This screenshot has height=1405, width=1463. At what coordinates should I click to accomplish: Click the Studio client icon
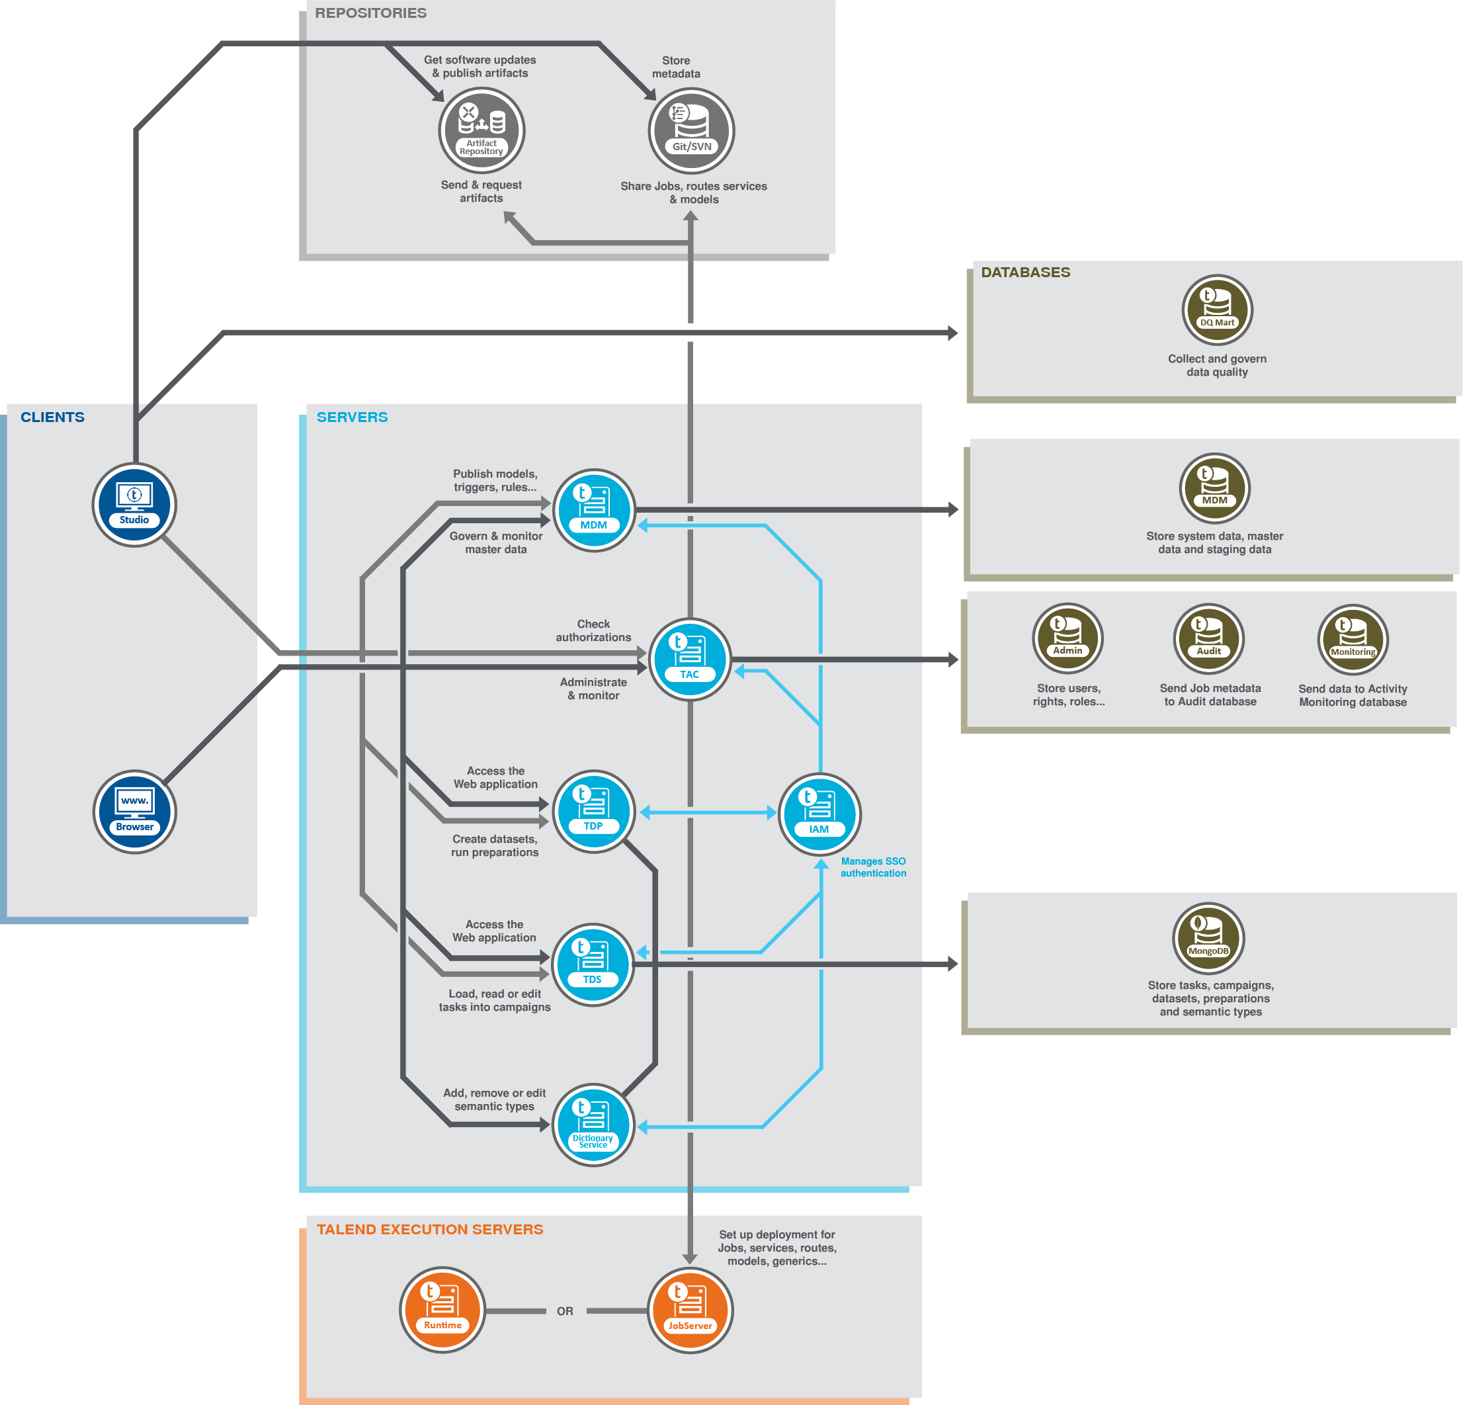tap(134, 505)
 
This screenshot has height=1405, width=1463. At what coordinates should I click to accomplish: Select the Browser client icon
tap(134, 812)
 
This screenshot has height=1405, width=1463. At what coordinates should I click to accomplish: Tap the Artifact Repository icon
tap(481, 131)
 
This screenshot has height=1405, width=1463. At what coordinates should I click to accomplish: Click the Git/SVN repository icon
tap(691, 131)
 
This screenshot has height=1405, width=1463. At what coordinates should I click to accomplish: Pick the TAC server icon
tap(690, 660)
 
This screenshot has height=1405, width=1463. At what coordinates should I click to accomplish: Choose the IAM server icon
tap(819, 814)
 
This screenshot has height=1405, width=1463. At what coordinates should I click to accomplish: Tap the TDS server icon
tap(593, 964)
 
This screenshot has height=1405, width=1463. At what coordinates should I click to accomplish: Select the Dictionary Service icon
tap(593, 1125)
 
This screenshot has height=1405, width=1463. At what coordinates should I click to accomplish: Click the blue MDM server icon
tap(593, 511)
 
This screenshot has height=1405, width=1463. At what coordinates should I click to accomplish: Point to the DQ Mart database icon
tap(1217, 310)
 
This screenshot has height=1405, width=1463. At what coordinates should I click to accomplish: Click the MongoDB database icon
tap(1208, 938)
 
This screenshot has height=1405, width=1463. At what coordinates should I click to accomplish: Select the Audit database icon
tap(1208, 639)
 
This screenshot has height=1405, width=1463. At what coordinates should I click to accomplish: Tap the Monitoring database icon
tap(1353, 640)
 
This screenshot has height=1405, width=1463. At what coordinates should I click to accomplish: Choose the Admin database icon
tap(1067, 638)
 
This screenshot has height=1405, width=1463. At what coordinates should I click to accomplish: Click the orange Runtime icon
tap(442, 1310)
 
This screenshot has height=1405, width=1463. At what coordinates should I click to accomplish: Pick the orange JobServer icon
tap(690, 1310)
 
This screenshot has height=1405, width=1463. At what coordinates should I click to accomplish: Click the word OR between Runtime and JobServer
tap(565, 1311)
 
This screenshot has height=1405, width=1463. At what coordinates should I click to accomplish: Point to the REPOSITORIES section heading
tap(370, 13)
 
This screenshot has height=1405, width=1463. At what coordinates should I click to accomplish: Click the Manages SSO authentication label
tap(873, 867)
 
